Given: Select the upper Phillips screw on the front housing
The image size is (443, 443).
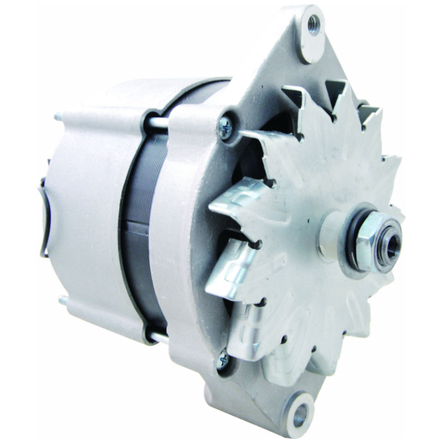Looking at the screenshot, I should point(226,127).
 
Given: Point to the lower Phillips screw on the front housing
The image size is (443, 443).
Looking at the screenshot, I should point(223,360).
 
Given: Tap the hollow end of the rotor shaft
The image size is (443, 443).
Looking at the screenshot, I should point(391,235).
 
